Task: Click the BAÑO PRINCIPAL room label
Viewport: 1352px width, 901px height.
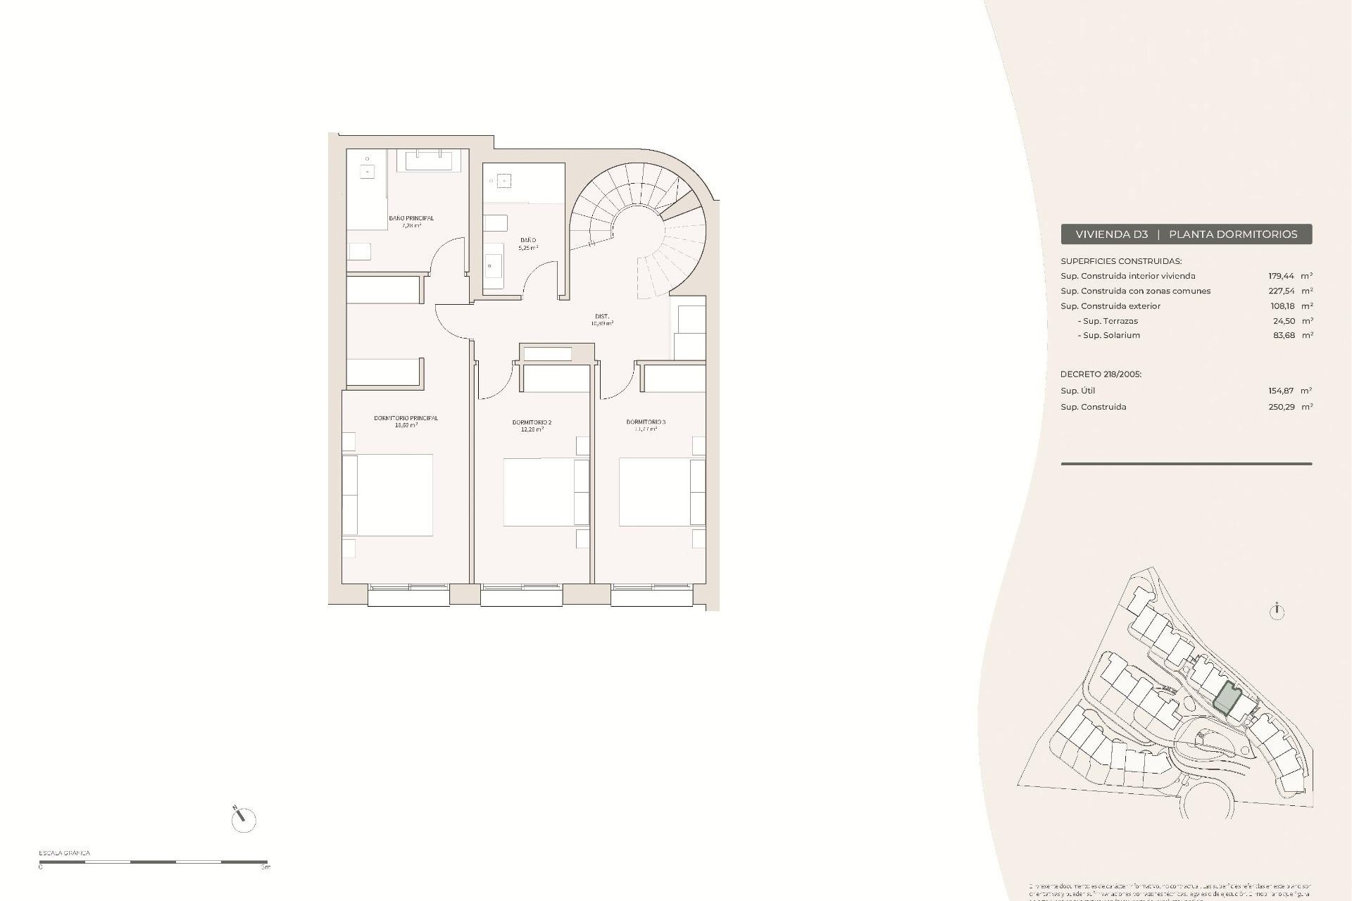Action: pyautogui.click(x=411, y=218)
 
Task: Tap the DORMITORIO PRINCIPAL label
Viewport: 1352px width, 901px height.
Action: pyautogui.click(x=406, y=418)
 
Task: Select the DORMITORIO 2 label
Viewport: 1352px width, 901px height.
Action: pyautogui.click(x=532, y=422)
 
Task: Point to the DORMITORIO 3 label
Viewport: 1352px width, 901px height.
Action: pyautogui.click(x=646, y=422)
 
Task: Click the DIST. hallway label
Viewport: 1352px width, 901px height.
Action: pyautogui.click(x=602, y=317)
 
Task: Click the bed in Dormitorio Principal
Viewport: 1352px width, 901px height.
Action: pyautogui.click(x=388, y=495)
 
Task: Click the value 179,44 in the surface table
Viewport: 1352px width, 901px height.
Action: pyautogui.click(x=1281, y=277)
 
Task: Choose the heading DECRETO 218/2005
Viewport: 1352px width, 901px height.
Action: pyautogui.click(x=1101, y=374)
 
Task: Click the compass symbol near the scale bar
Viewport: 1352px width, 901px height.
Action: pyautogui.click(x=243, y=819)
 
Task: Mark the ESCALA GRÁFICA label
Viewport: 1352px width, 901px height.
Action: pyautogui.click(x=64, y=853)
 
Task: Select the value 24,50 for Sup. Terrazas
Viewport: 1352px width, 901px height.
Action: pyautogui.click(x=1284, y=321)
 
